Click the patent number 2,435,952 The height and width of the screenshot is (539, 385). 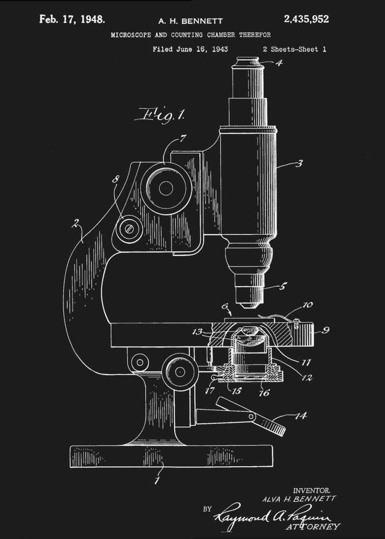click(306, 19)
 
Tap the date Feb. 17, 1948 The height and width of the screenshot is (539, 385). click(72, 20)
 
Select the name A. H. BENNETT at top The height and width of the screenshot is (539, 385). click(190, 21)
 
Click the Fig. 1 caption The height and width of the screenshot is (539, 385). click(161, 114)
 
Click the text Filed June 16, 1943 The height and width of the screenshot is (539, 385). click(190, 49)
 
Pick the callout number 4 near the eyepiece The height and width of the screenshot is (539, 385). click(279, 62)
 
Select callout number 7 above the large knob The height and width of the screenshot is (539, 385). click(183, 139)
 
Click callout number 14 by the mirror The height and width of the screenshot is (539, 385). click(300, 416)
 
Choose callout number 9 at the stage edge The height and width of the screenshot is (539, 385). click(325, 330)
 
